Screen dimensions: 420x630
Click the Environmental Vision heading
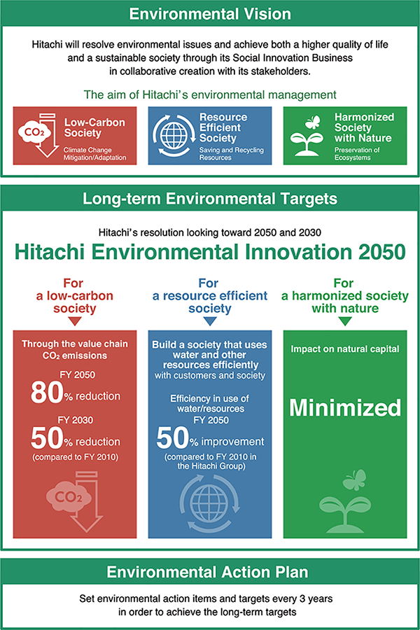[210, 14]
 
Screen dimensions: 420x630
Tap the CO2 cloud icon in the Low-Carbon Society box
[34, 132]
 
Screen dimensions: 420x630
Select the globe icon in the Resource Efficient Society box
[174, 135]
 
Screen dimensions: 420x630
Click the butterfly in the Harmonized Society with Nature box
[313, 122]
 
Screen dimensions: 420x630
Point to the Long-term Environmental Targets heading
[210, 199]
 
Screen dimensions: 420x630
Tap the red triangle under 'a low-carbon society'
[75, 321]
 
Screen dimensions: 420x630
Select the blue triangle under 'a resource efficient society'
[210, 321]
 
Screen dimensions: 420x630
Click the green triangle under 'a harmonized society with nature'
[345, 321]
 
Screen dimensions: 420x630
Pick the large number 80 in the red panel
[47, 393]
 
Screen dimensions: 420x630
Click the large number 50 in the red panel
[47, 438]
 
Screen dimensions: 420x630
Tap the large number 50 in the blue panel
[173, 438]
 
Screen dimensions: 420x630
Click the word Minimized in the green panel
[345, 408]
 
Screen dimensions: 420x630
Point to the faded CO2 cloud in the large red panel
[69, 497]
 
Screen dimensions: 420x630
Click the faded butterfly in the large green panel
[354, 480]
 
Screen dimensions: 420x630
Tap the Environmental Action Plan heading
[207, 572]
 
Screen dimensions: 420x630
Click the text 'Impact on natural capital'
[345, 349]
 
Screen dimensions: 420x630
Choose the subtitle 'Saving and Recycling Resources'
[232, 154]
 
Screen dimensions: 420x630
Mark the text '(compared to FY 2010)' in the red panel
[75, 457]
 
